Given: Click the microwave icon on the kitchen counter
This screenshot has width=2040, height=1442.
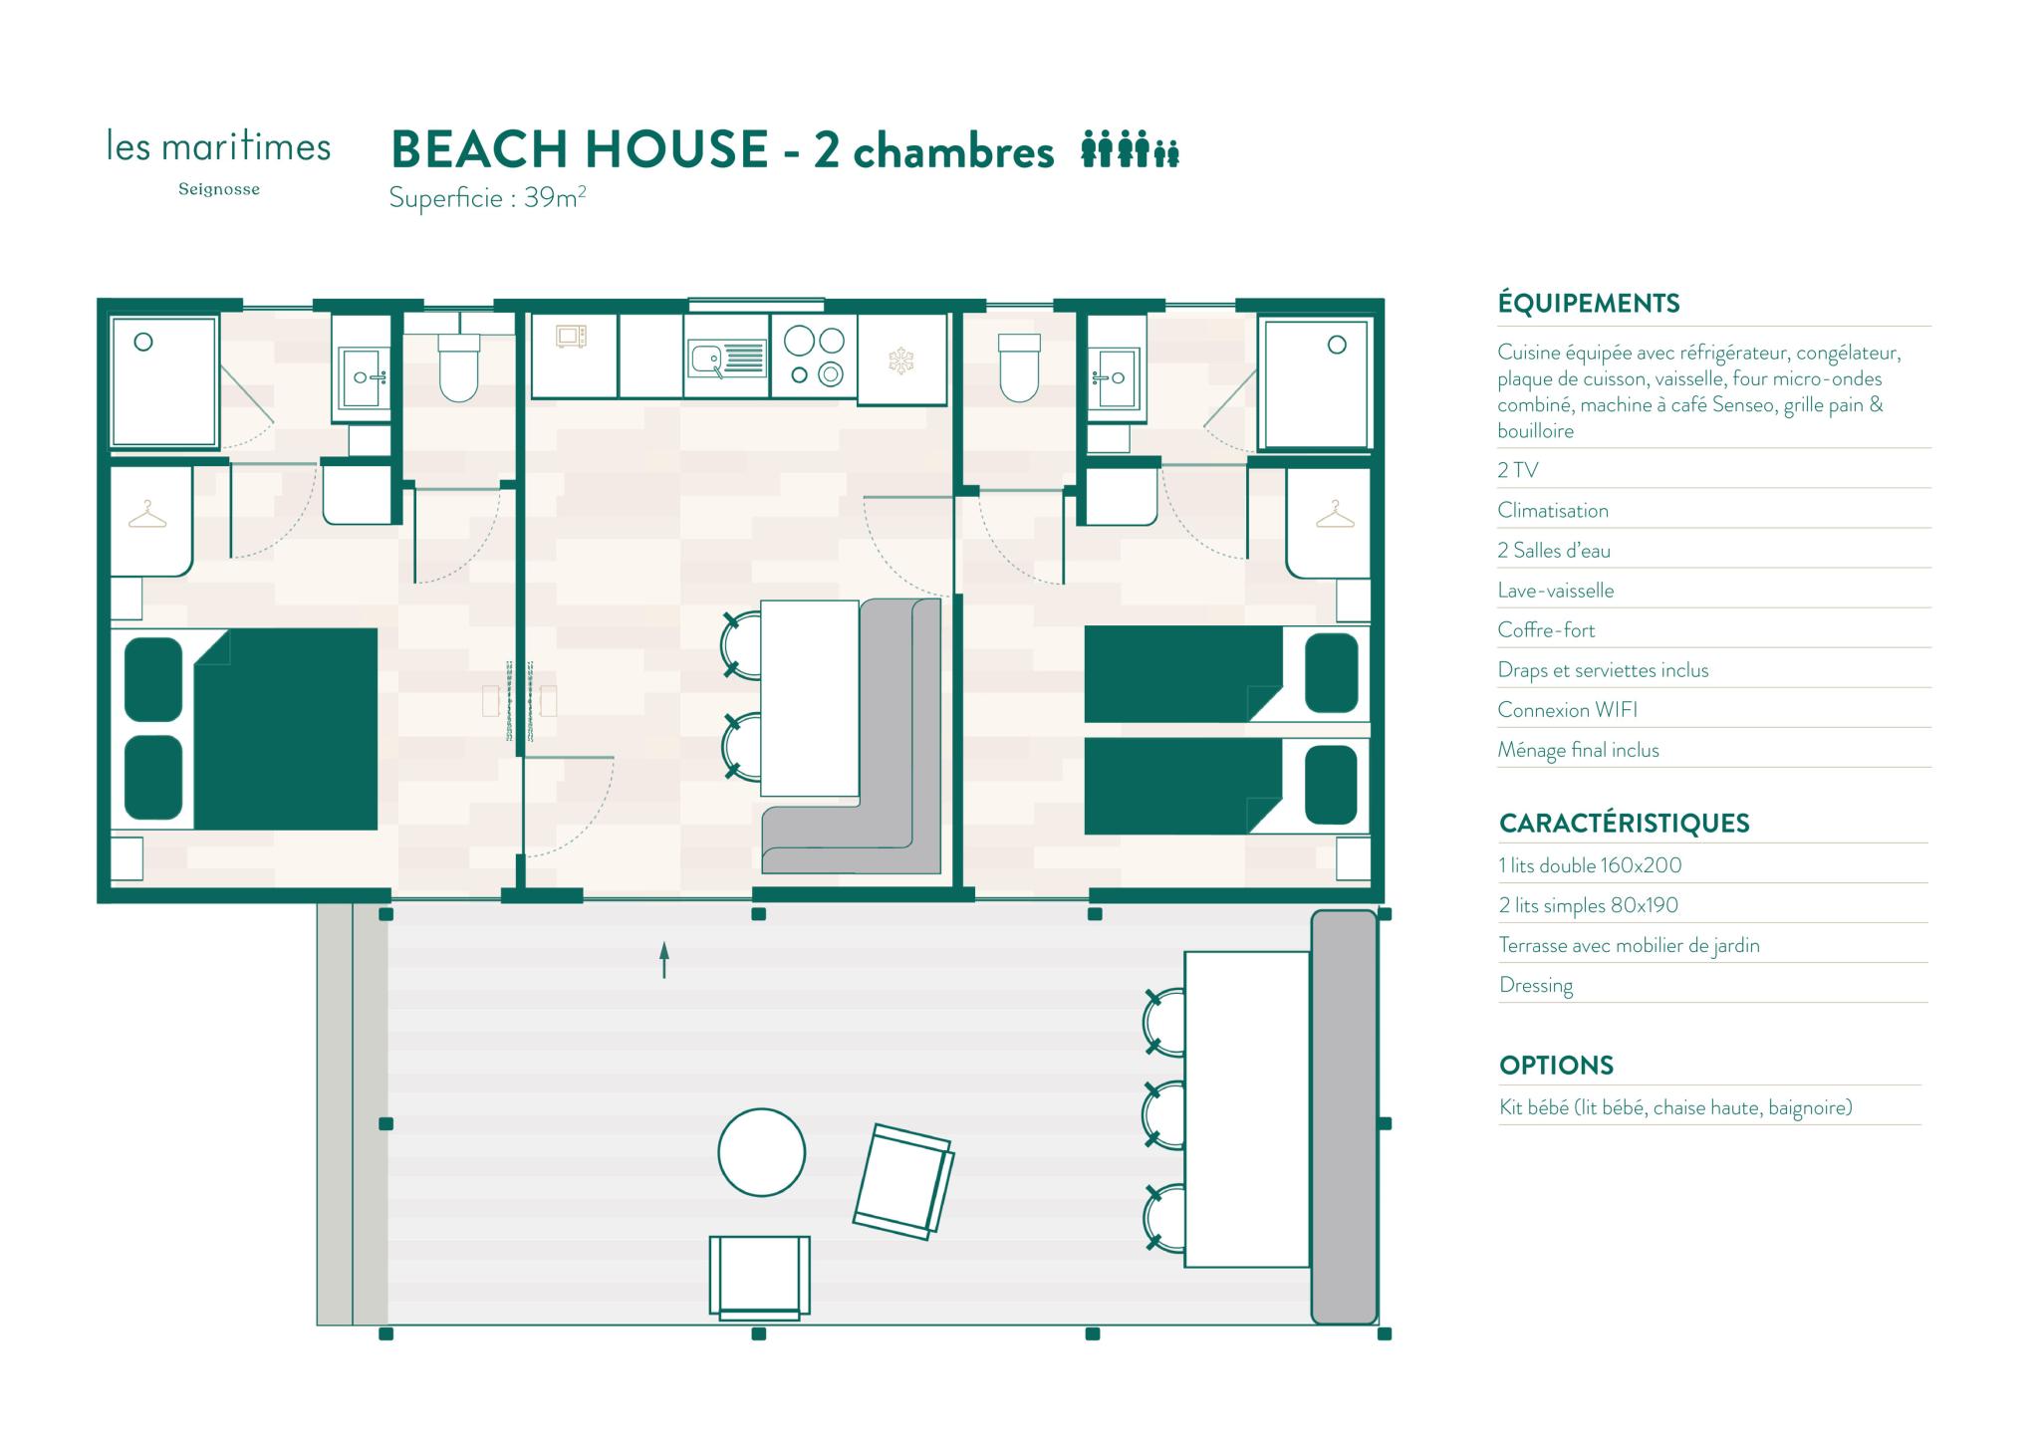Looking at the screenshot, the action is [x=572, y=337].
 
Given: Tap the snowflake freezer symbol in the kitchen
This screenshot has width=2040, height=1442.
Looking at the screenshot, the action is [x=901, y=360].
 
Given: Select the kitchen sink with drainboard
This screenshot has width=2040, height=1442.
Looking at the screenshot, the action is [x=726, y=359].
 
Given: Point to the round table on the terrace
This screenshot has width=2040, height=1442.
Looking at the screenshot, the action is [x=762, y=1152].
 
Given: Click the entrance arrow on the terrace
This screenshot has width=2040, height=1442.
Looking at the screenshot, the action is [x=664, y=960].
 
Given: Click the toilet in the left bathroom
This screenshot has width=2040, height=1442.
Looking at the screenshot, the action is [x=458, y=365].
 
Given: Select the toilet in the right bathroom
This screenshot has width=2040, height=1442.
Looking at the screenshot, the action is [x=1019, y=365].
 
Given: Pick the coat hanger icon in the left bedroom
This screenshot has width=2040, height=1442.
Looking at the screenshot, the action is [x=147, y=514].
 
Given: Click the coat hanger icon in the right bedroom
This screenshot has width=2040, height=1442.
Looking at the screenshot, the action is [x=1335, y=514].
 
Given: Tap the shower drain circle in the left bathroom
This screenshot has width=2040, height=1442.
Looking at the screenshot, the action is [x=143, y=342].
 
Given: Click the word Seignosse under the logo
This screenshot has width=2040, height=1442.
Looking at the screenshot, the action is [x=219, y=189].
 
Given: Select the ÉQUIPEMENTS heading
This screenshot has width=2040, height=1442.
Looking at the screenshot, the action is [x=1589, y=303].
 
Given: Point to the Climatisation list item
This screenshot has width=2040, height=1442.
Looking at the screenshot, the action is [x=1553, y=511].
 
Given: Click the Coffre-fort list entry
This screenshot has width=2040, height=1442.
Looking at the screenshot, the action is [x=1546, y=630].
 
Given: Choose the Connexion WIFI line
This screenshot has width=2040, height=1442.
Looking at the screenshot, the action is [x=1567, y=710].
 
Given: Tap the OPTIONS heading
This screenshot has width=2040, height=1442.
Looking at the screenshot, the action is [x=1556, y=1066].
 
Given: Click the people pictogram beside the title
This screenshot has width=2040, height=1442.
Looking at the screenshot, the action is [x=1131, y=148].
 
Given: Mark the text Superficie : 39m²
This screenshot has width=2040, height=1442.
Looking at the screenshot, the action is [x=487, y=197].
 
